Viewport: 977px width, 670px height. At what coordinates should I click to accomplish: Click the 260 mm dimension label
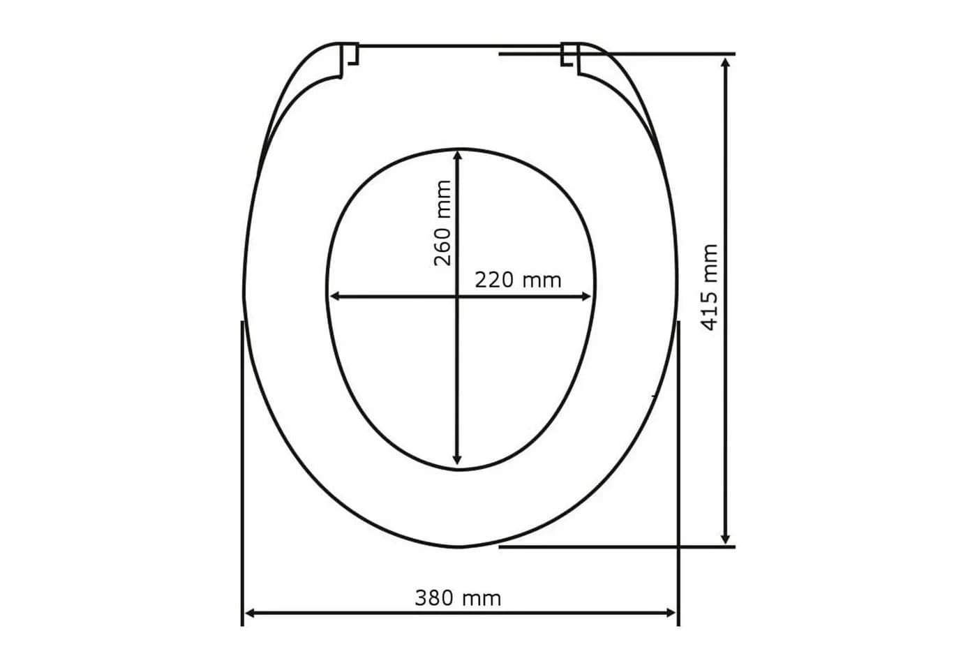pos(442,223)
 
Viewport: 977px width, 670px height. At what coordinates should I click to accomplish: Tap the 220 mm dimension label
pos(518,280)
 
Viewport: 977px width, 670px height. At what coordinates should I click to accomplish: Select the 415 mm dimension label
pos(709,288)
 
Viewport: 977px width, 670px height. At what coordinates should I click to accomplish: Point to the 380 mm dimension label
pos(458,598)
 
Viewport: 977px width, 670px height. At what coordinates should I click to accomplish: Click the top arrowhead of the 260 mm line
pos(457,155)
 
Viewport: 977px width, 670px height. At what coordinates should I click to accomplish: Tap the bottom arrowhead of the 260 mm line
pos(457,460)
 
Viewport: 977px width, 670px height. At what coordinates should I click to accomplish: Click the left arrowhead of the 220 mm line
pos(335,297)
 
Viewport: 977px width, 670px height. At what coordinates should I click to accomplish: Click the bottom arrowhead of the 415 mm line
pos(725,539)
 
